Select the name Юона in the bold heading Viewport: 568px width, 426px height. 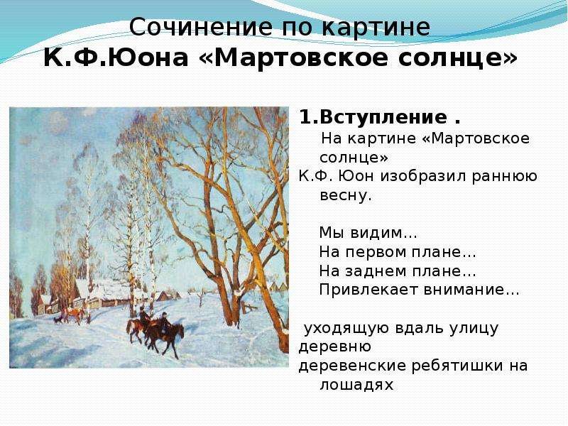pyautogui.click(x=148, y=58)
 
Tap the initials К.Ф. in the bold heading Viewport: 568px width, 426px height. pyautogui.click(x=75, y=58)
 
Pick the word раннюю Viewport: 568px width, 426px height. pyautogui.click(x=505, y=177)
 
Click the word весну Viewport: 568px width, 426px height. pyautogui.click(x=346, y=196)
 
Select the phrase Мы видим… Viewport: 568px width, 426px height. pyautogui.click(x=368, y=233)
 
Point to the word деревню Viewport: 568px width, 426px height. pyautogui.click(x=334, y=347)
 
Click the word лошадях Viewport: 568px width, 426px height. pyautogui.click(x=356, y=385)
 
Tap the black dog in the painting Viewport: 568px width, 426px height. pyautogui.click(x=58, y=319)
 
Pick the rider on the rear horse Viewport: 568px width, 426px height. pyautogui.click(x=144, y=316)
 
